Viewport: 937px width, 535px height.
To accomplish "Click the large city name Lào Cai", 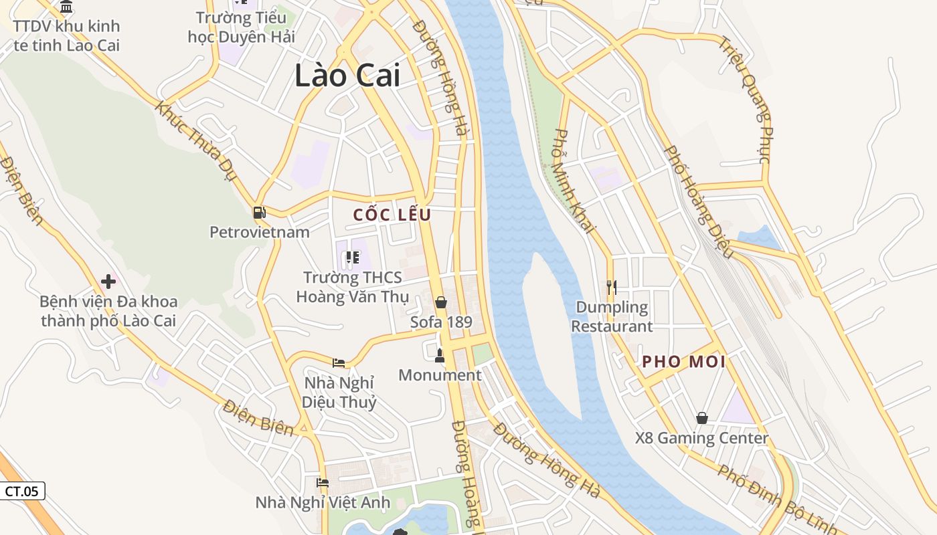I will pyautogui.click(x=347, y=75).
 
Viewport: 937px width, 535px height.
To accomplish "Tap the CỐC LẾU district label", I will pyautogui.click(x=392, y=215).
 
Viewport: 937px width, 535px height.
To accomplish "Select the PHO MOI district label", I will pyautogui.click(x=683, y=362).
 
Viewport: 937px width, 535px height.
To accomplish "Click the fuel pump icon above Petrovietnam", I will pyautogui.click(x=259, y=213).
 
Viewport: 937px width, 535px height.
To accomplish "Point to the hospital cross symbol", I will pyautogui.click(x=108, y=282).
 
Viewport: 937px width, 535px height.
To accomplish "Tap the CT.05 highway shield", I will pyautogui.click(x=22, y=491).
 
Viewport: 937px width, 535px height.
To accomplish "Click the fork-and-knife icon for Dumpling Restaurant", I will pyautogui.click(x=611, y=288).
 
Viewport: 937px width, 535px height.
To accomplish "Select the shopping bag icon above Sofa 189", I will pyautogui.click(x=440, y=302).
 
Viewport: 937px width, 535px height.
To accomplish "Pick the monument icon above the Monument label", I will pyautogui.click(x=440, y=355).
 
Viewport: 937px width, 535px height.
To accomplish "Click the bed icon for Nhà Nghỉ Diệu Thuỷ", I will pyautogui.click(x=339, y=363).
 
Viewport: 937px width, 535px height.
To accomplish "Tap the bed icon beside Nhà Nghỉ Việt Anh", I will pyautogui.click(x=323, y=483).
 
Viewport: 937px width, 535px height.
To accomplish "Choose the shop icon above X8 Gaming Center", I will pyautogui.click(x=701, y=418).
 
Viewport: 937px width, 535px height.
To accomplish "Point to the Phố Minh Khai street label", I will pyautogui.click(x=575, y=181).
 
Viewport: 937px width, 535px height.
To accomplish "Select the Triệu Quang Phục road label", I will pyautogui.click(x=755, y=100).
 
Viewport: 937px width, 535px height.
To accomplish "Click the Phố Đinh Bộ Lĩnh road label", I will pyautogui.click(x=776, y=499).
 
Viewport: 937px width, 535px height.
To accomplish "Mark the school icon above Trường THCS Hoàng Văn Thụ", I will pyautogui.click(x=352, y=257).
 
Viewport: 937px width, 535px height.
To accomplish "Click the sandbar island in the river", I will pyautogui.click(x=549, y=334).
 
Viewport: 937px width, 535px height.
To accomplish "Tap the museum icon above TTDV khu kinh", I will pyautogui.click(x=66, y=7).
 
